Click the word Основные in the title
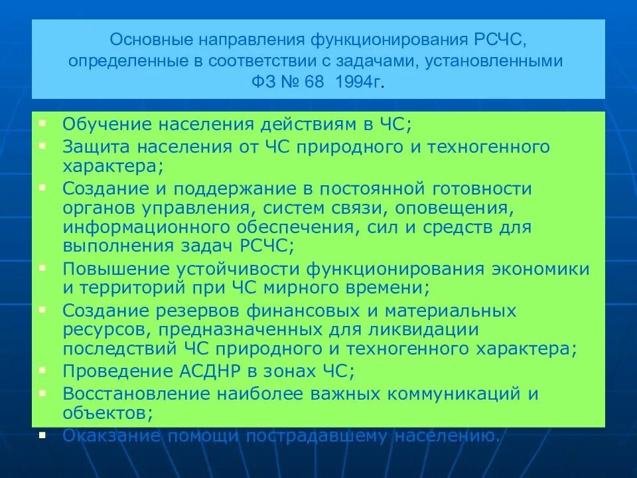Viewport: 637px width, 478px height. [140, 42]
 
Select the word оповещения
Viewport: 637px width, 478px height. [454, 208]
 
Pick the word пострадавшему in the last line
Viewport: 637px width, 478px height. [317, 436]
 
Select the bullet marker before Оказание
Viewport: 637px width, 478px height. [42, 434]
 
